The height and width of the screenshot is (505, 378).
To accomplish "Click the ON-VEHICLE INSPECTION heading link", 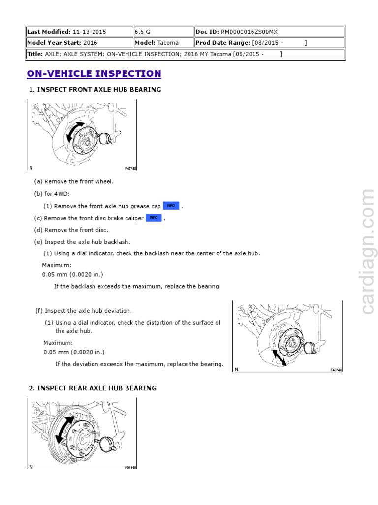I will pos(94,74).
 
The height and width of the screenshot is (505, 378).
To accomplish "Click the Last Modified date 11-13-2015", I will pos(89,32).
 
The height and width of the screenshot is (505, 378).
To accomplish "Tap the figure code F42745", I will pos(130,168).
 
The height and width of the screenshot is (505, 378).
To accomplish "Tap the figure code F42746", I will pos(336,369).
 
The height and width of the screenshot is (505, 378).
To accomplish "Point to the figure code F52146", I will pos(130,467).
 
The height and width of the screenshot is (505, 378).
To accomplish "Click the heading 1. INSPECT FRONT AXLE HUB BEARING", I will pos(95,90).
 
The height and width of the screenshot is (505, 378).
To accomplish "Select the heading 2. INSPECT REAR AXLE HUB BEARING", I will pos(93,388).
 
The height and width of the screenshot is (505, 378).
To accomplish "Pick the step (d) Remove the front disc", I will pos(71,230).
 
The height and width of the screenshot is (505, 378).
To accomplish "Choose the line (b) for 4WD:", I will pos(52,194).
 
